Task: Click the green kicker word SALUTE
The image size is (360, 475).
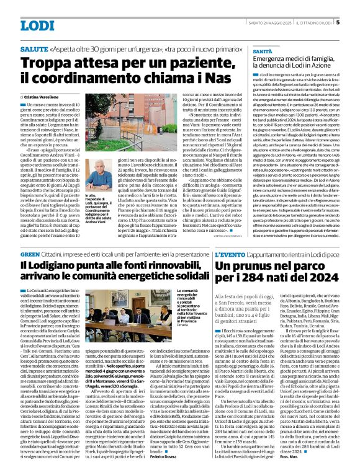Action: pyautogui.click(x=35, y=48)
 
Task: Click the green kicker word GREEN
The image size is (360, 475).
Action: pyautogui.click(x=30, y=254)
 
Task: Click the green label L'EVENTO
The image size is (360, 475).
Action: pyautogui.click(x=230, y=254)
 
